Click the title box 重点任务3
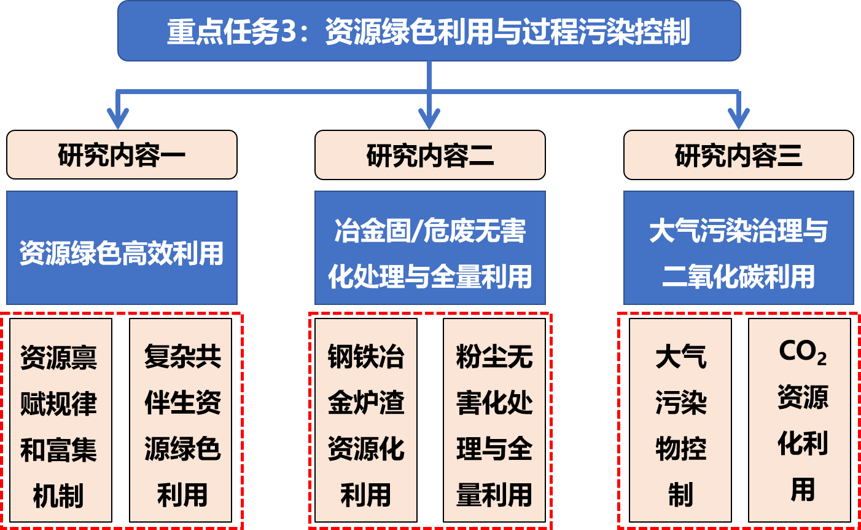point(429,31)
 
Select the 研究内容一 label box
point(122,155)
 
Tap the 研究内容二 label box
point(430,155)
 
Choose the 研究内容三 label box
point(738,155)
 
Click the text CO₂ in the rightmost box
point(802,352)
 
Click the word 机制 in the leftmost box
point(58,496)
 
